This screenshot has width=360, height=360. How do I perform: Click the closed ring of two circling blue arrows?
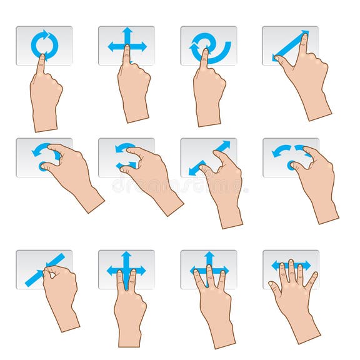(x=44, y=44)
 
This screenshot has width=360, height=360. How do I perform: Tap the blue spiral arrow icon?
(x=209, y=47)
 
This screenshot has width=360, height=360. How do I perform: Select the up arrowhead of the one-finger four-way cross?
(x=127, y=31)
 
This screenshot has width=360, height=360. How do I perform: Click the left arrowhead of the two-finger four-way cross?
(x=111, y=271)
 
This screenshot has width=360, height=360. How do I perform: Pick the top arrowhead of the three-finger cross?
(x=209, y=256)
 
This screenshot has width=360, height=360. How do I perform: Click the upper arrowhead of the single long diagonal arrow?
(x=304, y=34)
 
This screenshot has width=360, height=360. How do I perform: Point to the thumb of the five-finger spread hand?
(x=274, y=287)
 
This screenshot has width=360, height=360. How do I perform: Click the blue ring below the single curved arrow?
(x=42, y=166)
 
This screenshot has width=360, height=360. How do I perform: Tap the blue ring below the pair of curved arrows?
(x=292, y=166)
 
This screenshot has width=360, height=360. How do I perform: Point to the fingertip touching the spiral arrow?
(x=205, y=53)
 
